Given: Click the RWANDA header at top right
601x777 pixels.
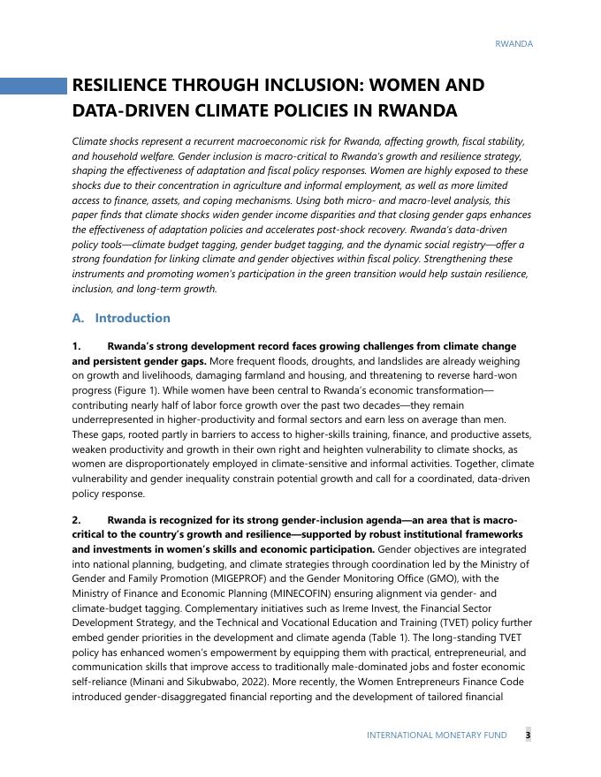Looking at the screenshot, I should [514, 43].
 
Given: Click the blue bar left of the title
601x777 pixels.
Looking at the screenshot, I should [34, 86].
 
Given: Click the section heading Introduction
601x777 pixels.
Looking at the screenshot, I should [133, 318].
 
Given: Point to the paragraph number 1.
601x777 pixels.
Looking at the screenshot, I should [77, 346].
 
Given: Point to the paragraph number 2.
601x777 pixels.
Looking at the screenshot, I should [77, 520].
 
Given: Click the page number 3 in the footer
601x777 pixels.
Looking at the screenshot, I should [528, 735].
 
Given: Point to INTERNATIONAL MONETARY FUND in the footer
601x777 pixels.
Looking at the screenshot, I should [437, 735].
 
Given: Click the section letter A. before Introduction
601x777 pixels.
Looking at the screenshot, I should [78, 318].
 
